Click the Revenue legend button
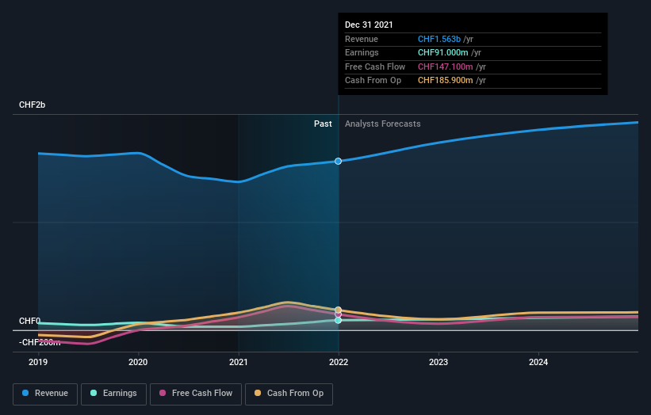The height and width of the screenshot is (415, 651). coord(45,393)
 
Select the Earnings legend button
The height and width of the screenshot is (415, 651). coord(113,393)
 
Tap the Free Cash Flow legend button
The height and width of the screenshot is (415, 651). coord(196,393)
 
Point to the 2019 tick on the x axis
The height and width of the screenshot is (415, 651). coord(38,362)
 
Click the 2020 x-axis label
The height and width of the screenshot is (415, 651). coord(138,362)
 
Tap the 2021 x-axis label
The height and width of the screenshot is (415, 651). coord(238,362)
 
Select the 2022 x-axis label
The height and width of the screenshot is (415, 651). coord(339,362)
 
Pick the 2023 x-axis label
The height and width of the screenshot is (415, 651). coord(438,362)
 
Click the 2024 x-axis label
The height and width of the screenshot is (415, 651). coord(538,362)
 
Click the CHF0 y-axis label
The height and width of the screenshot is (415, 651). coord(29,321)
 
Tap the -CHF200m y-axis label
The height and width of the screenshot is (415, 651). coord(40,342)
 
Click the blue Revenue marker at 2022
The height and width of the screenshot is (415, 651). coord(339,161)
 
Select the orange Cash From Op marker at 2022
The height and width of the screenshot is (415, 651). coord(339,310)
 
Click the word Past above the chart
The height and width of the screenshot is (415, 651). coord(323,124)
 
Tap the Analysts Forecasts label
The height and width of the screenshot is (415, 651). coord(382,124)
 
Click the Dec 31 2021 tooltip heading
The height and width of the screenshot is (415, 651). coord(369,25)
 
